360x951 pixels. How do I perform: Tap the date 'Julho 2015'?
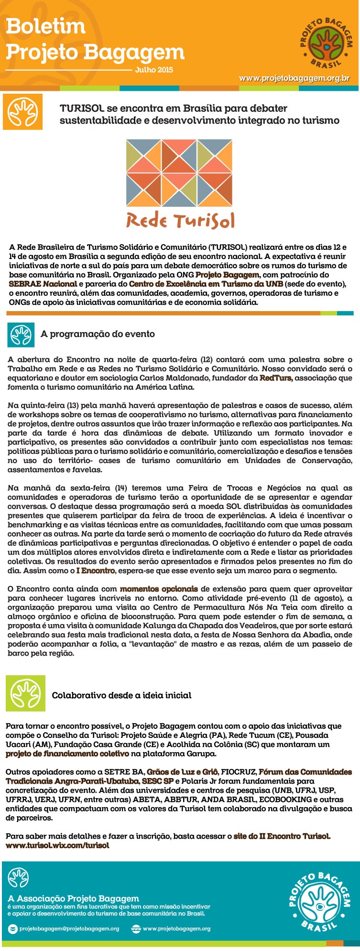point(154,70)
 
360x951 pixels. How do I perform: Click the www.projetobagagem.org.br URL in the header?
point(294,78)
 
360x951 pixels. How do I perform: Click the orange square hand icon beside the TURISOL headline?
point(22,112)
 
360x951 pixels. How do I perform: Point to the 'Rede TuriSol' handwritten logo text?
point(180,221)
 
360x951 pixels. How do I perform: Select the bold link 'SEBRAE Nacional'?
point(43,284)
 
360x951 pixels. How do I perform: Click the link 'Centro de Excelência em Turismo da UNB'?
point(206,284)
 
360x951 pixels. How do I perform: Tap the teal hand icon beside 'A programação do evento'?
point(21,334)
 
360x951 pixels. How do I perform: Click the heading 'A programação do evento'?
point(98,334)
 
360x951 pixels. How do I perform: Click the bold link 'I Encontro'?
point(96,571)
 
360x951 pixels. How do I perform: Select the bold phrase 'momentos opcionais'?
point(159,589)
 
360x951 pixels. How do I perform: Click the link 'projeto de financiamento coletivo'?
point(67,754)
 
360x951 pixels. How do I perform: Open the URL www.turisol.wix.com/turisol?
point(57,845)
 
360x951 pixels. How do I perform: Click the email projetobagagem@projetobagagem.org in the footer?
point(69,929)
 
